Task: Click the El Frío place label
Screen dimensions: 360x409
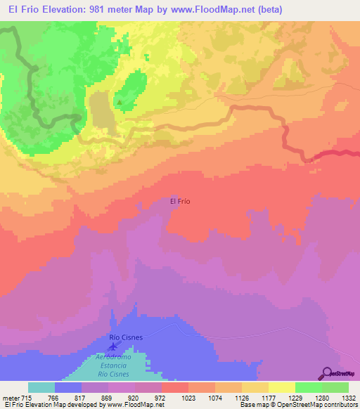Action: [181, 201]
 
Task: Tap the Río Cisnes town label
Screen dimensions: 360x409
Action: [127, 337]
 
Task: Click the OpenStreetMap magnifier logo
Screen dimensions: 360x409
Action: [326, 372]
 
